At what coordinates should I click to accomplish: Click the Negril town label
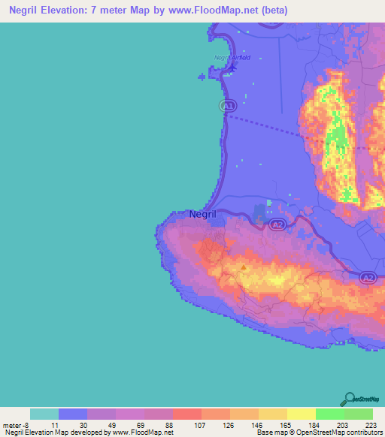[x=203, y=214]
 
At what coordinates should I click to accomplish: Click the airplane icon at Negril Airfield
[x=232, y=68]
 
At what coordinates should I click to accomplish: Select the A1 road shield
[x=229, y=106]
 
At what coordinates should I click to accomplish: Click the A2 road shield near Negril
[x=277, y=224]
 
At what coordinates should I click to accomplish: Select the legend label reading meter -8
[x=15, y=424]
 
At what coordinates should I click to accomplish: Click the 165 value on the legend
[x=286, y=424]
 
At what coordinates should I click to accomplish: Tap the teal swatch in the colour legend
[x=44, y=414]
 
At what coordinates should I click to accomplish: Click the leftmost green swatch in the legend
[x=329, y=414]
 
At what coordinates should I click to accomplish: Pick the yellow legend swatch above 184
[x=301, y=414]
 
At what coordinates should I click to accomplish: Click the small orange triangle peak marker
[x=243, y=266]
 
